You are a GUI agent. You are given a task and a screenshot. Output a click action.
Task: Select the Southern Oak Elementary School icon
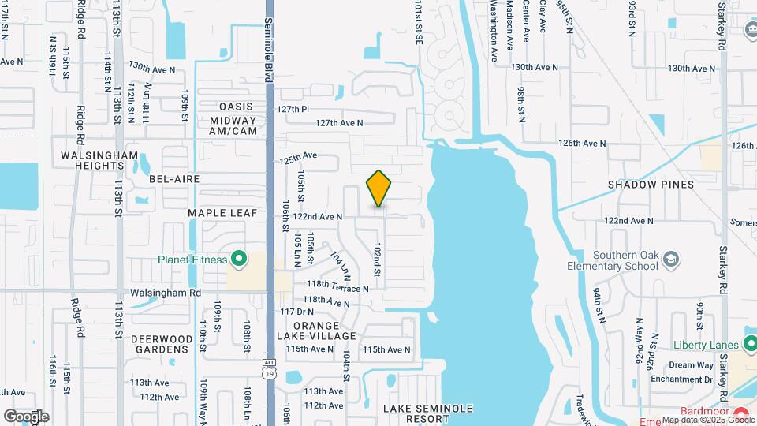click(x=669, y=260)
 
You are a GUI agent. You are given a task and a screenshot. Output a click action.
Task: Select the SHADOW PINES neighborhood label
click(x=651, y=185)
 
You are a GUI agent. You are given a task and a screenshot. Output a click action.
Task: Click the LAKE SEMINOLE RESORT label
click(x=428, y=413)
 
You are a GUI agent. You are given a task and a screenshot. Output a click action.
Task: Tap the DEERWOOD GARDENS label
click(x=162, y=344)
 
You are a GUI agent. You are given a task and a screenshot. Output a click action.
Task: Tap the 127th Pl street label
click(x=293, y=109)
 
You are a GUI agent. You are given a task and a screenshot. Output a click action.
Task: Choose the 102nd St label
click(x=378, y=260)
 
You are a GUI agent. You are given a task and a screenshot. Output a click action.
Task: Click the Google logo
click(x=26, y=416)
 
